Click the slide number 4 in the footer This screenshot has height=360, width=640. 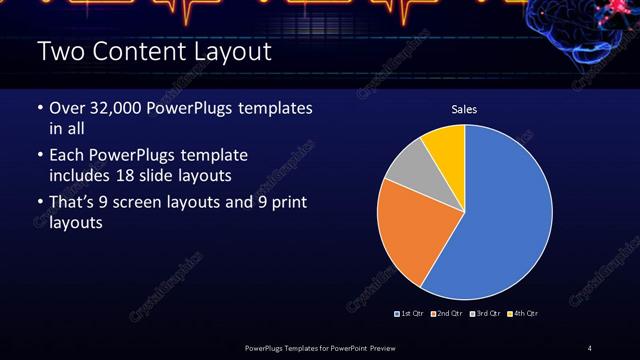pyautogui.click(x=589, y=347)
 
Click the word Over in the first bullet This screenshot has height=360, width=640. pyautogui.click(x=68, y=107)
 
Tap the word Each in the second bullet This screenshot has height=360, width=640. pyautogui.click(x=67, y=155)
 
